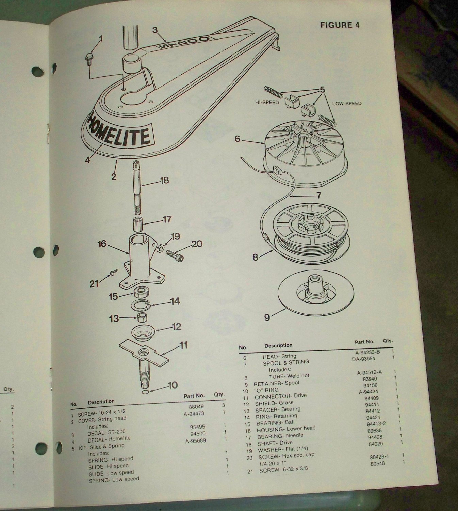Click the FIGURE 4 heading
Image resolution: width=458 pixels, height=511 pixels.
coord(339,25)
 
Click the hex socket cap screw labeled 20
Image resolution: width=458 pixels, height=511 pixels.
coord(175,256)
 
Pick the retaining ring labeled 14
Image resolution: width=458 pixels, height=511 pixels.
coord(140,303)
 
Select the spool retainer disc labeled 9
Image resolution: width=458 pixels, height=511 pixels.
coord(315,297)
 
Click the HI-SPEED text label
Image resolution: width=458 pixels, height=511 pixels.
coord(266,102)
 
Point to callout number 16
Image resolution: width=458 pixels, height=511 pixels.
coord(102,244)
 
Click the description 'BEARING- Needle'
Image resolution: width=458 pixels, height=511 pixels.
coord(280,436)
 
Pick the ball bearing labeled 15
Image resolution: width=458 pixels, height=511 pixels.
coord(140,292)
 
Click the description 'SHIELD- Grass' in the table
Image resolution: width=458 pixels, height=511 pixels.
coord(274,403)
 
